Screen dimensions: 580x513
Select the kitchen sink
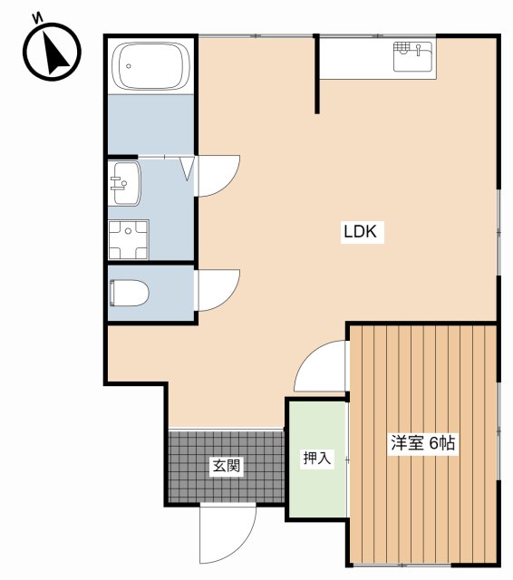(413, 59)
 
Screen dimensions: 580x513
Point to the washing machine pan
(128, 238)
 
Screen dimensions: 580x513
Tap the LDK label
(364, 232)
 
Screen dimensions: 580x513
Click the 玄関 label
(226, 467)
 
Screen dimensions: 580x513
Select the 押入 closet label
(316, 459)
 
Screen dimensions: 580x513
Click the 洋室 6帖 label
(423, 444)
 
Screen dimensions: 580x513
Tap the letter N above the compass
(37, 17)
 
